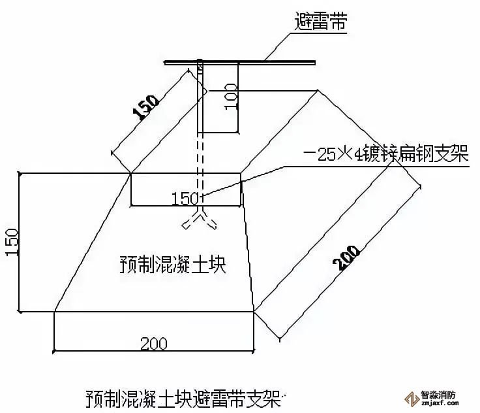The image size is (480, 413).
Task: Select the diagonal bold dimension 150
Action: pyautogui.click(x=145, y=107)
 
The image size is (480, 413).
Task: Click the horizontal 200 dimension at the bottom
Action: pyautogui.click(x=153, y=342)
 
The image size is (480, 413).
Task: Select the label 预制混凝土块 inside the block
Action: pyautogui.click(x=173, y=264)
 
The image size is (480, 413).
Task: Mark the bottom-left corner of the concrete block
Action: pyautogui.click(x=54, y=312)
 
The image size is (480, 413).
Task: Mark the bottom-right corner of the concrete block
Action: pyautogui.click(x=254, y=312)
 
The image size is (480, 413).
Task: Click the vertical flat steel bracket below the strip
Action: pyautogui.click(x=201, y=105)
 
